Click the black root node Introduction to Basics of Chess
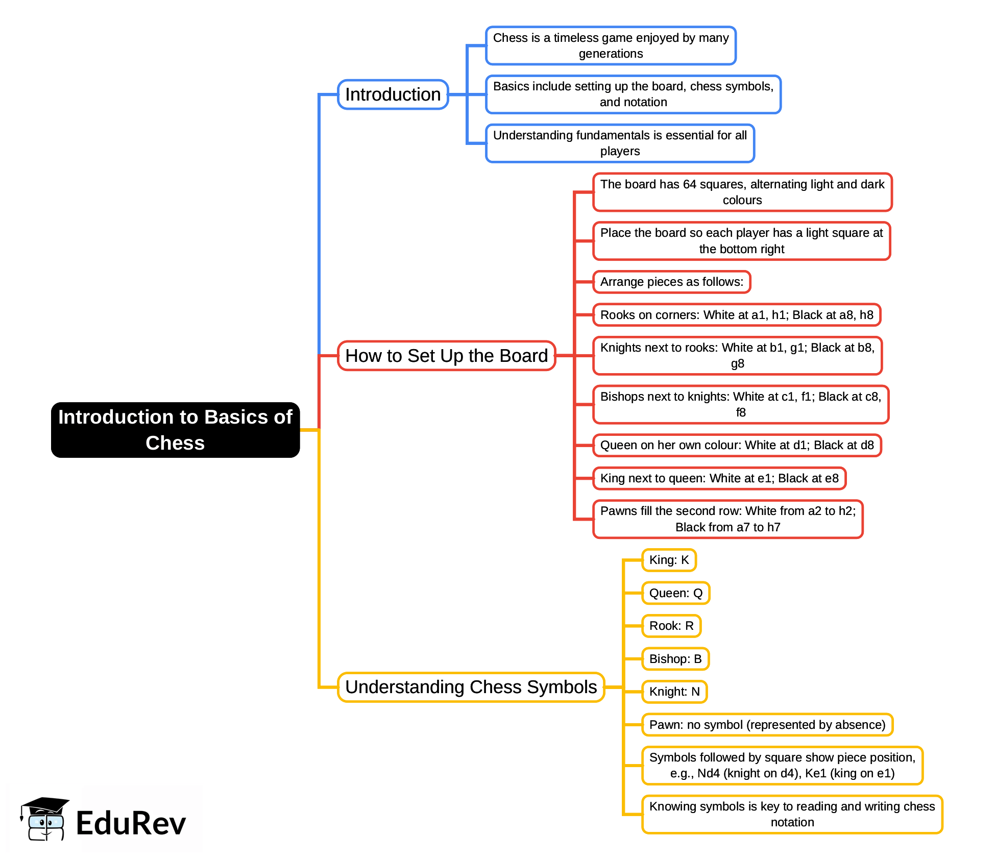[x=175, y=430]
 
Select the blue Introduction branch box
[x=393, y=94]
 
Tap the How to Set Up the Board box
[x=446, y=356]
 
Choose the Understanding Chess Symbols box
[x=471, y=687]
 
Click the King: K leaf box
[x=669, y=560]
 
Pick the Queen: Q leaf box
[x=675, y=593]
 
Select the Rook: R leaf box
[x=671, y=626]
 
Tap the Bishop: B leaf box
[x=675, y=659]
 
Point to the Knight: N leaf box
[x=674, y=692]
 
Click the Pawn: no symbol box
[x=767, y=725]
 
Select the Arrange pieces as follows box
[x=671, y=282]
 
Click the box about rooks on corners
[x=736, y=315]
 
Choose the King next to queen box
[x=719, y=478]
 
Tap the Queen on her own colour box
[x=737, y=445]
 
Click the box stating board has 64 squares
[x=742, y=192]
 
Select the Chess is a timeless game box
[x=611, y=45]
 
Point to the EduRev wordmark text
[x=131, y=823]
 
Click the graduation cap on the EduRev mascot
[x=45, y=806]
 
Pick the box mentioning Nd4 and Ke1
[x=782, y=765]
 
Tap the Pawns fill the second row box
[x=727, y=519]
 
